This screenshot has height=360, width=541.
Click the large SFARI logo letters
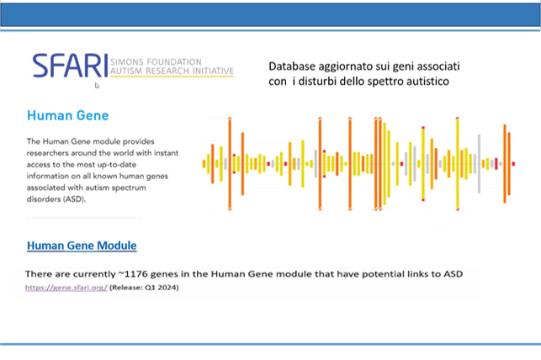tap(71, 66)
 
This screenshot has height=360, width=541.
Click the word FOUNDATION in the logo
tap(174, 62)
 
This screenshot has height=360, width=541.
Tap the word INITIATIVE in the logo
tap(213, 71)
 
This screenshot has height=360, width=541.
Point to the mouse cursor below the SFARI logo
tap(97, 86)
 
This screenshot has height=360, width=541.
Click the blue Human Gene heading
tap(68, 115)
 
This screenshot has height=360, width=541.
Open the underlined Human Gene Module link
tap(82, 246)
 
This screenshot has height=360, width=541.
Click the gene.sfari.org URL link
tap(66, 287)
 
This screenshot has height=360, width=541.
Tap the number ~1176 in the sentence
tap(133, 274)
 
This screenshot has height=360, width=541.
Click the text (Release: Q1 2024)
tap(144, 287)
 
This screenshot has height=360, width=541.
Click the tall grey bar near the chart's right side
tap(479, 164)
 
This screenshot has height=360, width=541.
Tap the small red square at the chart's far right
tap(513, 164)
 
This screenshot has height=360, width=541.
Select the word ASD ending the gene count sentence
tap(453, 274)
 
